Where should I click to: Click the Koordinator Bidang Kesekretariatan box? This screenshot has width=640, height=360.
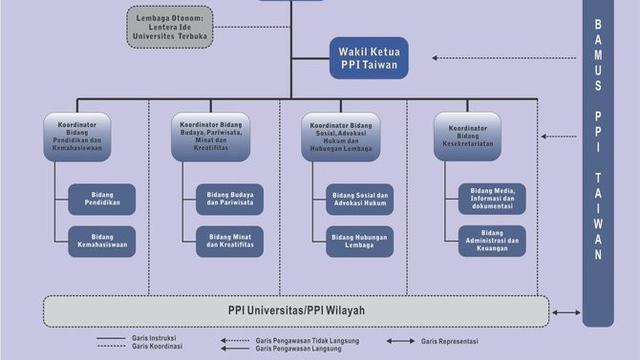click(x=467, y=135)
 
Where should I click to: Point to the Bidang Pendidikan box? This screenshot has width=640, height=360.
click(x=102, y=198)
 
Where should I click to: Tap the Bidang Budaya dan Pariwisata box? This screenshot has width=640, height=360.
click(x=230, y=198)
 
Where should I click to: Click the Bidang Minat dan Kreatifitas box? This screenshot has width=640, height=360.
click(x=230, y=241)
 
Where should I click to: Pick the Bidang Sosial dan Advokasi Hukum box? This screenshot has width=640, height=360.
click(x=359, y=198)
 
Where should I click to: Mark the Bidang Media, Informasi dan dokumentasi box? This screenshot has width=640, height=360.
click(x=491, y=198)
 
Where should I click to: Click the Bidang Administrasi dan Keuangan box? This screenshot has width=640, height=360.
click(x=491, y=241)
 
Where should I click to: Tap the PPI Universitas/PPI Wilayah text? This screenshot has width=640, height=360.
click(x=295, y=310)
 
